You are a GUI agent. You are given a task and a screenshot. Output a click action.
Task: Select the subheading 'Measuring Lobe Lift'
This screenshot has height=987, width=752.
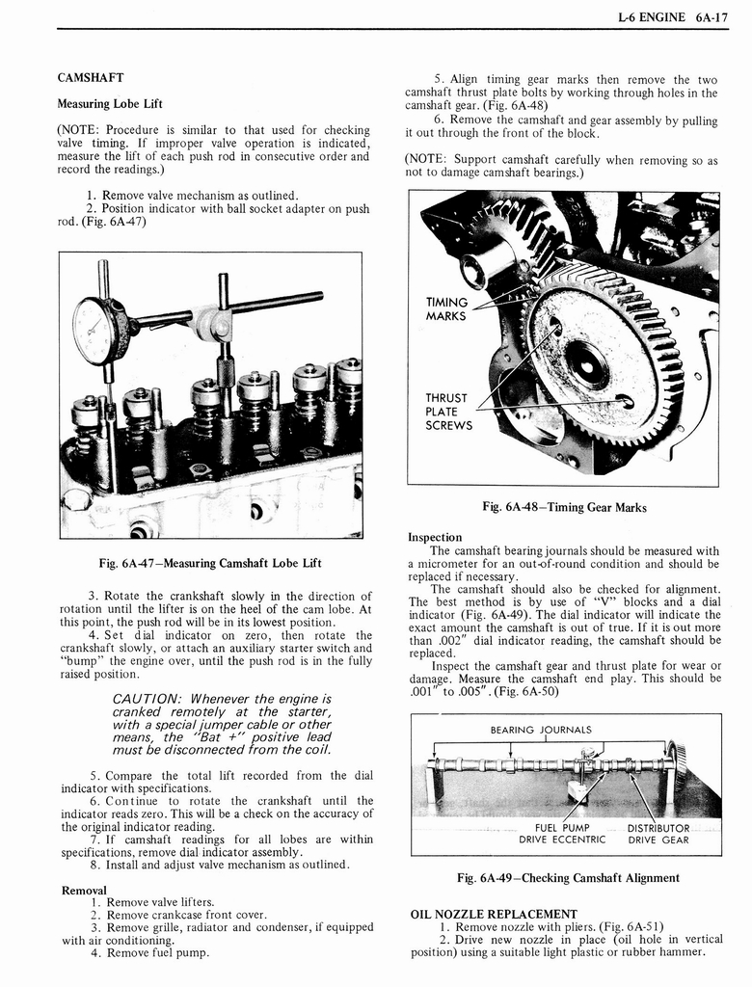coord(110,104)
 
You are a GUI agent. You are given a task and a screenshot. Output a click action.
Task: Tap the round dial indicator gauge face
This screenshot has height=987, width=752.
coord(96,332)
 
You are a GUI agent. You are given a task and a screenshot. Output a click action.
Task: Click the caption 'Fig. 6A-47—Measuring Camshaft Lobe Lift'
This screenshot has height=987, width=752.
coord(209,563)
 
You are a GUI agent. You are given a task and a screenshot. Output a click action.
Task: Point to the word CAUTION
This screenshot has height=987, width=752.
coord(148,698)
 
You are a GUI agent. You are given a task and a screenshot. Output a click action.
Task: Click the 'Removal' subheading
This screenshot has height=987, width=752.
coord(84,890)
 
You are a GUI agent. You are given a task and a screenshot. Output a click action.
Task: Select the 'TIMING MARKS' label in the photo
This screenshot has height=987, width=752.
coord(446,309)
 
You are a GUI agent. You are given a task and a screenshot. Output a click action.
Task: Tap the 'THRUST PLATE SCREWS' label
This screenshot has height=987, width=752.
coord(448,412)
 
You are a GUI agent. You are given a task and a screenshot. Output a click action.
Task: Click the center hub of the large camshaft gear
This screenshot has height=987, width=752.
coord(586,364)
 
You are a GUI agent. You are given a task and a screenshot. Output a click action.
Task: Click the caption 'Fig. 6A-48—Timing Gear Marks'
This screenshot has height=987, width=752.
coord(564,508)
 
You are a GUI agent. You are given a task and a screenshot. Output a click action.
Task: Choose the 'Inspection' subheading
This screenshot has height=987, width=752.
coord(435,537)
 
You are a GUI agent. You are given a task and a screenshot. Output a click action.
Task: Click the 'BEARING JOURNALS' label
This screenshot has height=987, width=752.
coord(541,730)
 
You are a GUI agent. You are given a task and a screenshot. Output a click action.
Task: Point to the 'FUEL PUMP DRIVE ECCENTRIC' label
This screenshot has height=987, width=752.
coord(562,834)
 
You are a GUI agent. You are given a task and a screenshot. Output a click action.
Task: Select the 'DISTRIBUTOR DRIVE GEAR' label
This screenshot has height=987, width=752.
coord(658,834)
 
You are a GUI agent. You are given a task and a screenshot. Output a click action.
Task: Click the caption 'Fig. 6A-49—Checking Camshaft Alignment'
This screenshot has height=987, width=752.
coord(568,878)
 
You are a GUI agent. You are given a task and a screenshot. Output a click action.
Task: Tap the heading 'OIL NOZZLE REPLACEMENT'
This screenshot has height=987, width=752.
coord(494,914)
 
